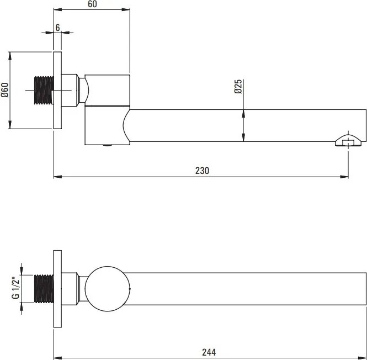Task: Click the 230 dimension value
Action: tap(202, 171)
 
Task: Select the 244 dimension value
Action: tap(209, 352)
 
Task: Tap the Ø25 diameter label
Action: tap(238, 87)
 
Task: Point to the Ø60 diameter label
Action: tap(4, 90)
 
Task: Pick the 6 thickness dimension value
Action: tap(57, 28)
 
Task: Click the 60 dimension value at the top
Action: tap(92, 4)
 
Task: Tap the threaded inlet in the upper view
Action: tap(44, 90)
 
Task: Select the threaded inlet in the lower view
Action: tap(44, 289)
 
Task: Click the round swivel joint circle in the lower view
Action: tap(107, 289)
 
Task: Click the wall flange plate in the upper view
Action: tap(57, 90)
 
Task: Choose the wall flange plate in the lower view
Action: tap(57, 289)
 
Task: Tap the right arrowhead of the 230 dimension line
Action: tap(344, 177)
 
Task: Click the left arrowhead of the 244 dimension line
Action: tap(58, 358)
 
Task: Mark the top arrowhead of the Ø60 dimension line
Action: tap(9, 56)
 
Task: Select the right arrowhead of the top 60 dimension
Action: tap(126, 9)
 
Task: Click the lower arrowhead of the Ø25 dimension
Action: tap(243, 137)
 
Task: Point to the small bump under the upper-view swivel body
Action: tap(108, 145)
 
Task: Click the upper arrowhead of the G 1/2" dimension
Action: tap(22, 271)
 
